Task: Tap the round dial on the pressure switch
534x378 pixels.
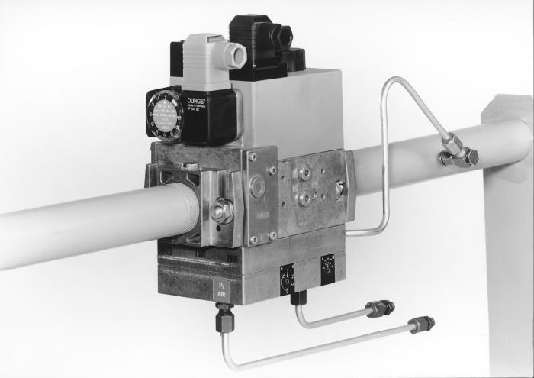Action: (x=166, y=115)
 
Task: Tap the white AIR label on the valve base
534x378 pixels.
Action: (x=220, y=289)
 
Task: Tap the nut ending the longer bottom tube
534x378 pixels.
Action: (x=422, y=325)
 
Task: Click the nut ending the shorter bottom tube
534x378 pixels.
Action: (x=380, y=309)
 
